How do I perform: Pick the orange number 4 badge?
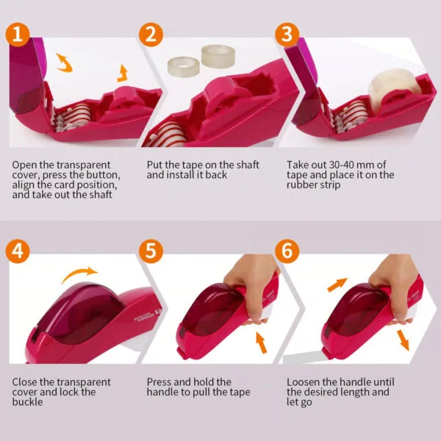(17, 251)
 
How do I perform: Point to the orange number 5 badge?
(152, 251)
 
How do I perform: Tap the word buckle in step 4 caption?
(28, 402)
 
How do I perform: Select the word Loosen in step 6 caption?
(305, 382)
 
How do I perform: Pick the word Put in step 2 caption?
(154, 164)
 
